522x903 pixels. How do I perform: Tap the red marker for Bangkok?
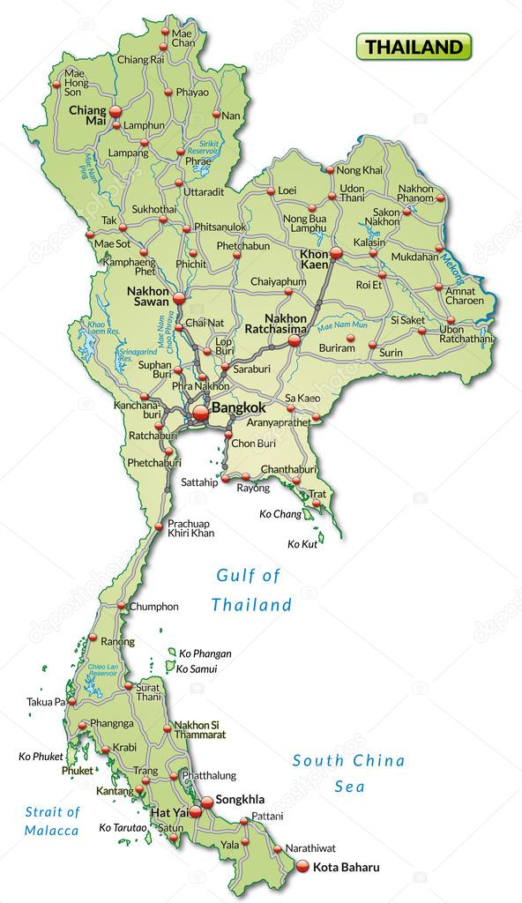200,411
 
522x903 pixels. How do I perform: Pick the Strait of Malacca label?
51,821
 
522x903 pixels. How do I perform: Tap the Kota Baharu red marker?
302,867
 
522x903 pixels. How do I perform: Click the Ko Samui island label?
198,669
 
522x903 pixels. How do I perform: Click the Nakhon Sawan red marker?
177,299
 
